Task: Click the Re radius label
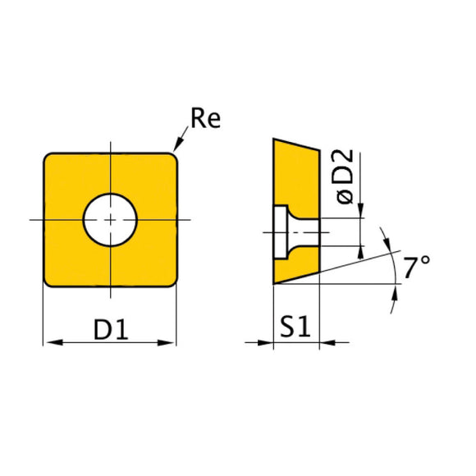click(x=204, y=120)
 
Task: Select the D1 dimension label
click(x=109, y=329)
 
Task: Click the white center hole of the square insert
click(x=110, y=219)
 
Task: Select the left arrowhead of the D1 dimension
click(x=49, y=342)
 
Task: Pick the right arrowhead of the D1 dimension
click(x=170, y=342)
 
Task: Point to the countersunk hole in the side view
click(x=289, y=232)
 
